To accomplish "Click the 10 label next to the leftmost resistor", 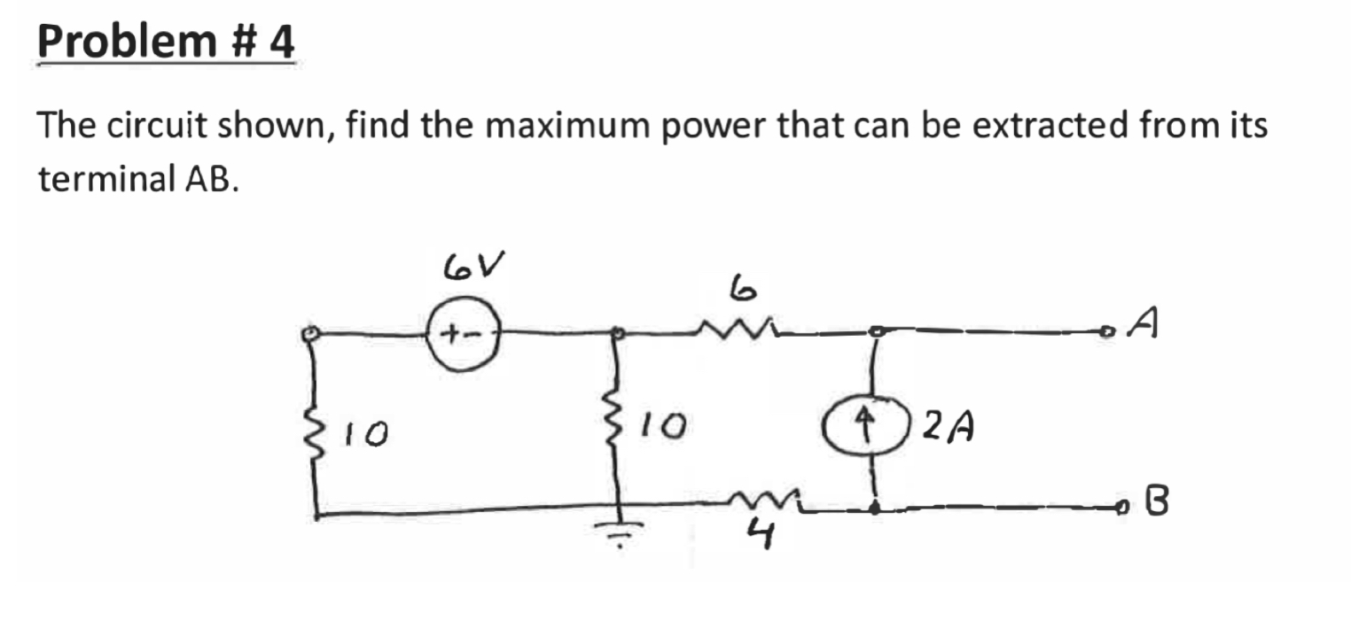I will click(364, 433).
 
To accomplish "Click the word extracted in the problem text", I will click(1050, 127).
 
